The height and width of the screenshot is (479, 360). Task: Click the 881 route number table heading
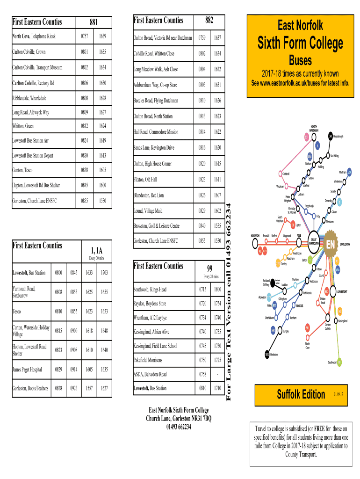94,22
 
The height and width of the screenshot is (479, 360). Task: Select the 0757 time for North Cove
85,36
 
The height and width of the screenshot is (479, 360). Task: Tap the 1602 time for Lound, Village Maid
217,211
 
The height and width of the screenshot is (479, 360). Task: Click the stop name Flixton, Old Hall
145,180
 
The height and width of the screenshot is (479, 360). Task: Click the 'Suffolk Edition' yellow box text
301,394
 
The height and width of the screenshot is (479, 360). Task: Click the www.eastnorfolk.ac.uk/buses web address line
301,83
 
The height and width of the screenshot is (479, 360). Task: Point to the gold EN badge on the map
330,245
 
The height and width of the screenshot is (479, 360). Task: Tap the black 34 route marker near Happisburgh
331,136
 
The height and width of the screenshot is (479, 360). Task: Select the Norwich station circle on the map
255,243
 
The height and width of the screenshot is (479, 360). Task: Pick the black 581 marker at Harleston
266,354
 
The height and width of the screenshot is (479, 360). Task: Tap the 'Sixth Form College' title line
301,44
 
